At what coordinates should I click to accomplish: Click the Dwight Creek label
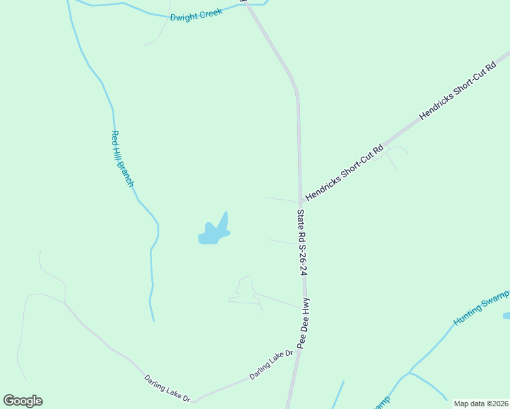point(196,14)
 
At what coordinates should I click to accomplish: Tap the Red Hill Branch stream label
point(122,159)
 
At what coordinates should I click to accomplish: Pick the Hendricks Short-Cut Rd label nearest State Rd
point(344,172)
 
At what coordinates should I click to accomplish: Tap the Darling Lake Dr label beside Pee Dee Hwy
point(271,365)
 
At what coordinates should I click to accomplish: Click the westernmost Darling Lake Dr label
point(167,388)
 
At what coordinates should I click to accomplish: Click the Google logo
point(22,401)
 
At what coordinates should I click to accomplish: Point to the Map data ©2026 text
point(481,404)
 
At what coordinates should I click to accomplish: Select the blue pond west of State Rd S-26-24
point(213,232)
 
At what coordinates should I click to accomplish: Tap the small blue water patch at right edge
point(506,316)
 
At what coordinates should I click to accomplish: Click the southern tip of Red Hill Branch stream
point(153,320)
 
